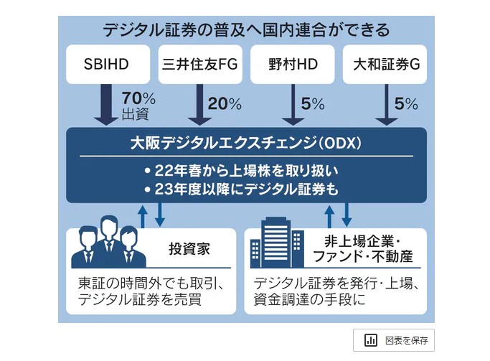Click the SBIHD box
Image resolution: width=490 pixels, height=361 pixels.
[x=106, y=64]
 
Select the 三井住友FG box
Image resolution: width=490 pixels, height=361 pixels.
[x=198, y=64]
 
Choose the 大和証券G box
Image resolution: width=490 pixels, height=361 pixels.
[x=386, y=64]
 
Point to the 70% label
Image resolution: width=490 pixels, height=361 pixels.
[x=138, y=98]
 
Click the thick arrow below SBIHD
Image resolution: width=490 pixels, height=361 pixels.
[x=106, y=105]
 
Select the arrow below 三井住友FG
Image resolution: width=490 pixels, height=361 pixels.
[x=198, y=105]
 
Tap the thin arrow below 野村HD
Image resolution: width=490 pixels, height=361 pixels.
[x=293, y=105]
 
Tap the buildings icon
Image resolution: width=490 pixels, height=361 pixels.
[x=275, y=243]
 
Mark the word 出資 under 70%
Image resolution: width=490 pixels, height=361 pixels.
[x=134, y=114]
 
